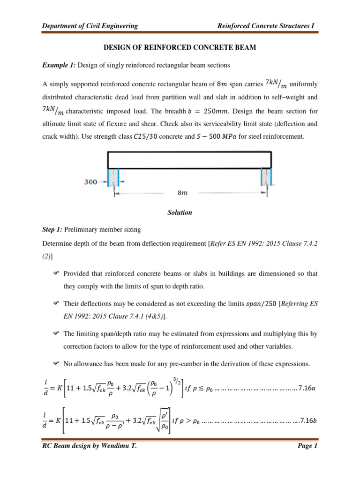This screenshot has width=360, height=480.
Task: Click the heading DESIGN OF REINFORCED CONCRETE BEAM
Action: coord(180,48)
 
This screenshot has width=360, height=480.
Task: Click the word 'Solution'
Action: coord(180,212)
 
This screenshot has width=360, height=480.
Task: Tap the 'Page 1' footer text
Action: coord(307,459)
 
